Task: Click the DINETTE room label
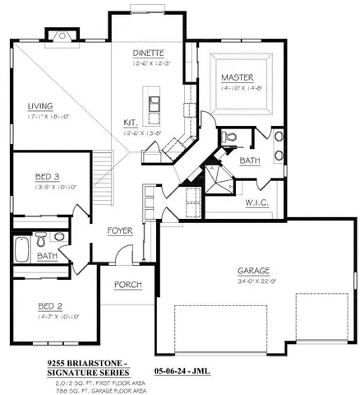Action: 150,53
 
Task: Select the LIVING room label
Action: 40,105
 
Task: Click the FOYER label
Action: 120,230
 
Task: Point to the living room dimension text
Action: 40,116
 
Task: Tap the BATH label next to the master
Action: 251,161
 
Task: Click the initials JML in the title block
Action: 201,372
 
